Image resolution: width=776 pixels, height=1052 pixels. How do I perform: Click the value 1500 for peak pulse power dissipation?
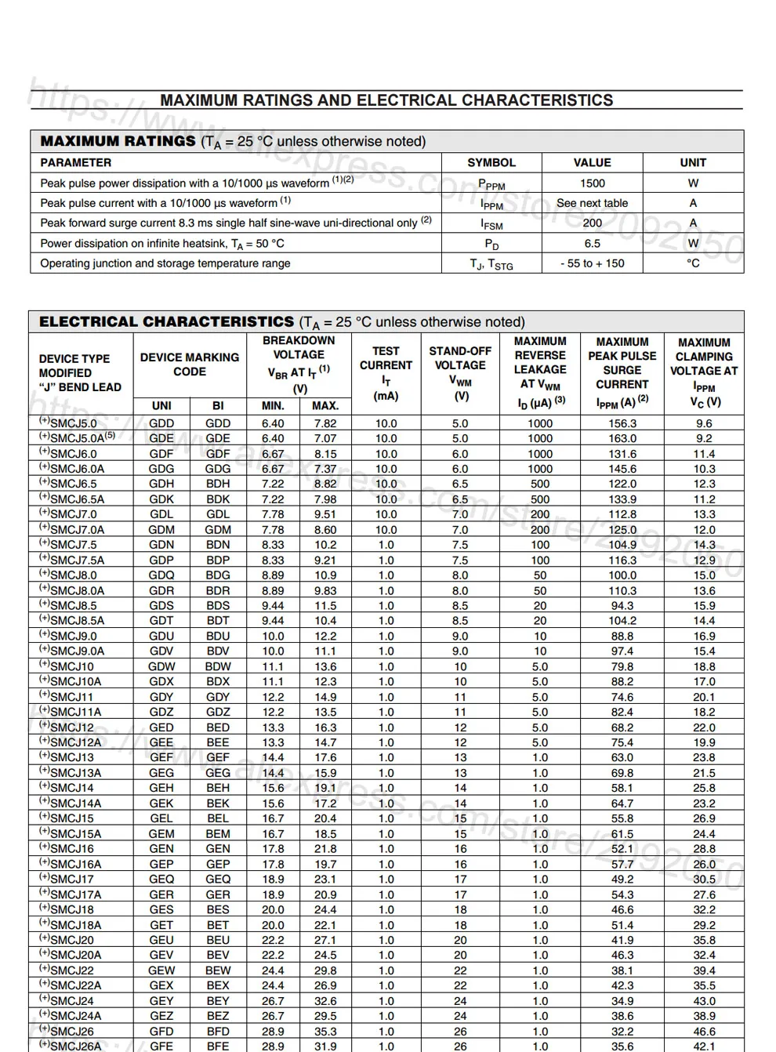click(592, 183)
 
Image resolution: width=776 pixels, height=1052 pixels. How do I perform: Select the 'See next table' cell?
click(592, 203)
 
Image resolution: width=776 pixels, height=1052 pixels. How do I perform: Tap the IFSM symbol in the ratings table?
click(491, 224)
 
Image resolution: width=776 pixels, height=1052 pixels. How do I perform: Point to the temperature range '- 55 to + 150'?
click(592, 263)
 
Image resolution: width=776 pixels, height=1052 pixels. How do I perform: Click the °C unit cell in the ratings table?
click(693, 263)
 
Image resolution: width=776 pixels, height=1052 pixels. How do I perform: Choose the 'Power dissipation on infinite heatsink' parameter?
click(162, 244)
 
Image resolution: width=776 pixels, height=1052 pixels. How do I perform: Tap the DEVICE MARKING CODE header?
click(190, 365)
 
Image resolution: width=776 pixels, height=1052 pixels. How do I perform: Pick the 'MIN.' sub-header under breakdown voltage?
click(273, 406)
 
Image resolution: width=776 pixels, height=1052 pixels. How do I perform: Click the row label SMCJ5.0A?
click(77, 439)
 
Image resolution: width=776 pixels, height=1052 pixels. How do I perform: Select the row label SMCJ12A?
click(75, 742)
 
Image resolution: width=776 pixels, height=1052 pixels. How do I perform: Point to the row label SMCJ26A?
click(75, 1046)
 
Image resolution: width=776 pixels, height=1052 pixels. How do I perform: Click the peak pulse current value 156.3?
click(622, 423)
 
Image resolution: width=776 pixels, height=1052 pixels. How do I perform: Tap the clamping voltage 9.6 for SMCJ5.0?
click(704, 423)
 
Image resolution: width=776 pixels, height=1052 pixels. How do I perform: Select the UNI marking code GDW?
click(161, 666)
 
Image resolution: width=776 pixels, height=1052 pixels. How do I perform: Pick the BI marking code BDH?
click(218, 484)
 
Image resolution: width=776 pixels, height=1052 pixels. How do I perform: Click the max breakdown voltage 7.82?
click(325, 423)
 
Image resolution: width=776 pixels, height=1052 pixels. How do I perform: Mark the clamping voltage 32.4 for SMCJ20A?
click(704, 955)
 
